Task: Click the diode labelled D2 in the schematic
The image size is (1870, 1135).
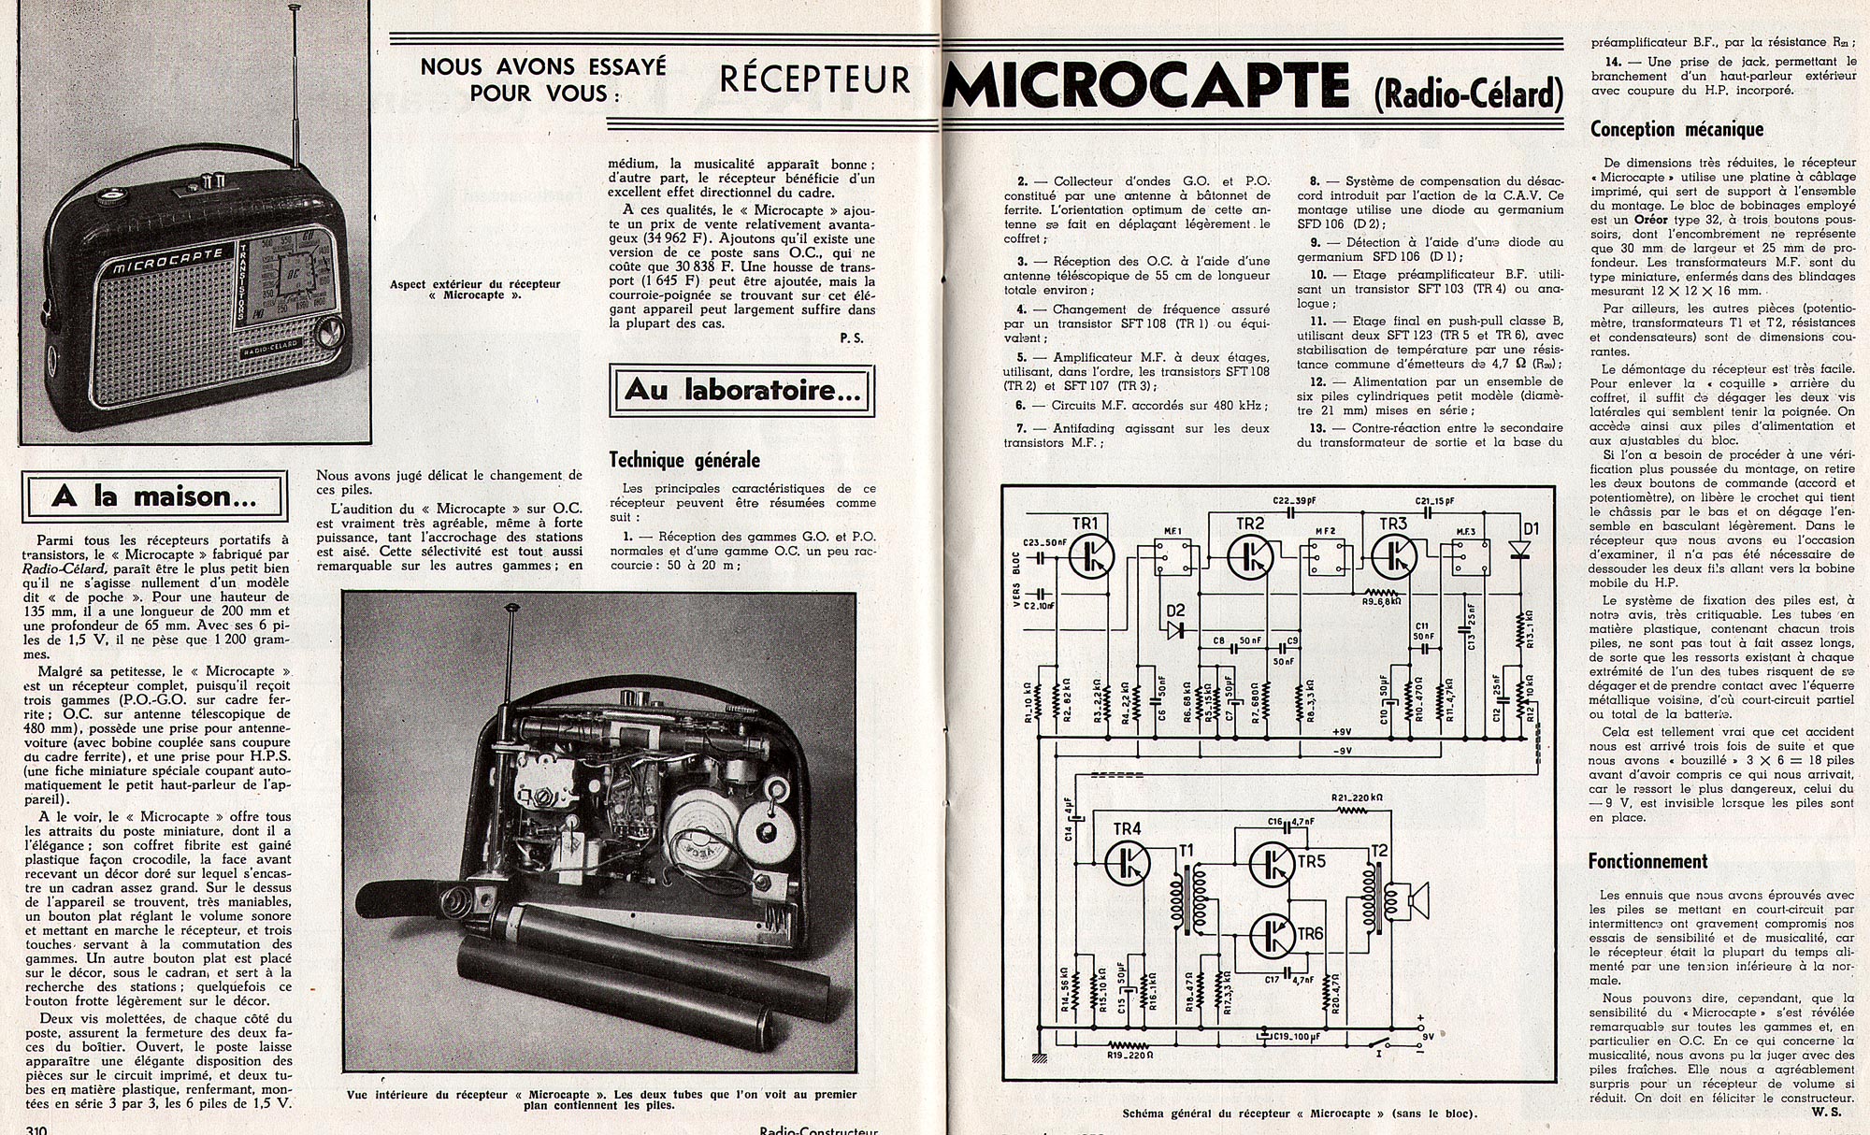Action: (x=1173, y=629)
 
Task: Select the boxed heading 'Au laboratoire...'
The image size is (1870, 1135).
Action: (x=741, y=390)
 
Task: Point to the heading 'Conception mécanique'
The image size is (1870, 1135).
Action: (x=1676, y=130)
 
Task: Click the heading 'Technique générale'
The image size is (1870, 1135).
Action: (x=684, y=460)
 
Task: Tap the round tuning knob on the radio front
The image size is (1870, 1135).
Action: (x=328, y=332)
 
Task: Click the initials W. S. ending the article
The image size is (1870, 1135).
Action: (x=1834, y=1112)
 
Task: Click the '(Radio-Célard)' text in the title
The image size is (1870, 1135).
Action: (x=1468, y=93)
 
